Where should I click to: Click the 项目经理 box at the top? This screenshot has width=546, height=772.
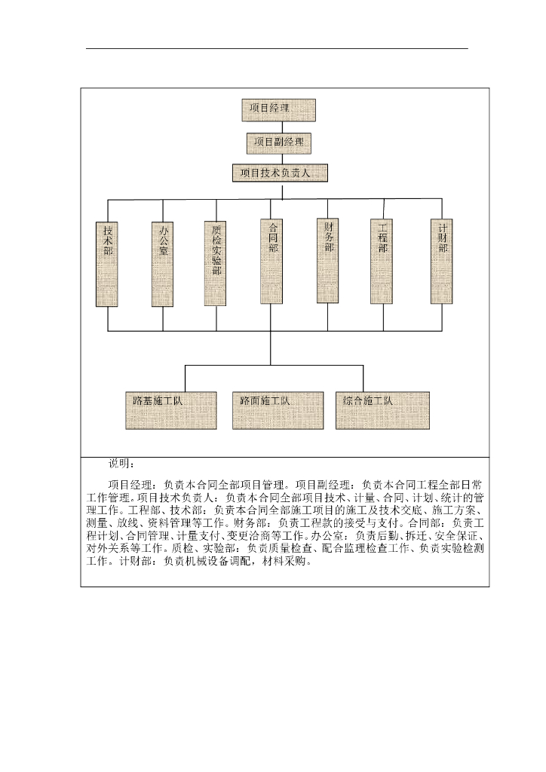(278, 110)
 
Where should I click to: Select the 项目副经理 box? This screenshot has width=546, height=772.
(278, 142)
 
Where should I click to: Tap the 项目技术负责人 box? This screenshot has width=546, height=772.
(280, 173)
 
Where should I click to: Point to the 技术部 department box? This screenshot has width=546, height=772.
(108, 263)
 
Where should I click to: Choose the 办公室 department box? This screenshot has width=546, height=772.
(163, 263)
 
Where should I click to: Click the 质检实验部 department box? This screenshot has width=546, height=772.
(216, 263)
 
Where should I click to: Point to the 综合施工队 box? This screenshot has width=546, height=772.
(382, 410)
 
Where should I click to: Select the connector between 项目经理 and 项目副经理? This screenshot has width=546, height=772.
(278, 127)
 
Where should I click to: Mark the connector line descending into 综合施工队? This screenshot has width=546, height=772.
(363, 378)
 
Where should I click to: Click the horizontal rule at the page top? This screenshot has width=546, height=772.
(277, 49)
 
